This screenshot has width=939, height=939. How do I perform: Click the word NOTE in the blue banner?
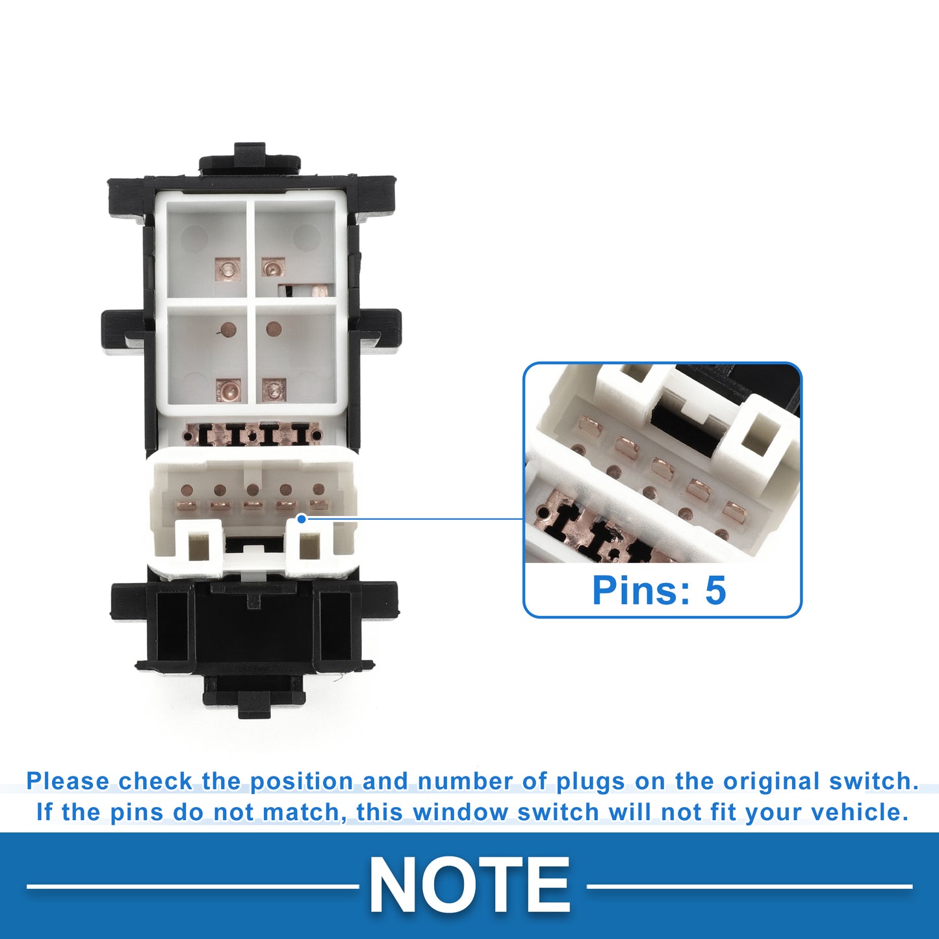469,886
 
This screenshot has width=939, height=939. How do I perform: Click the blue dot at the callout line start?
302,519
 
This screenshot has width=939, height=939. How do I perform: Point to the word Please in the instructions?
68,781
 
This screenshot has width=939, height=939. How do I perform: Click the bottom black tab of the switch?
253,697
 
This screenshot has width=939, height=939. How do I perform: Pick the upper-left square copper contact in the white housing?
227,268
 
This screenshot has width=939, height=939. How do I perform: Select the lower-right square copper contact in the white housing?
274,390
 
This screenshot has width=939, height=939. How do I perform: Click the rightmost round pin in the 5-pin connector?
318,489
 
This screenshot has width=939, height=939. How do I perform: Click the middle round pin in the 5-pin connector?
252,489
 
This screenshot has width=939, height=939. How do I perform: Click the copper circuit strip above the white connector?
251,433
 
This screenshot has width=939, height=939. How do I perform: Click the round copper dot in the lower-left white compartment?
227,330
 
